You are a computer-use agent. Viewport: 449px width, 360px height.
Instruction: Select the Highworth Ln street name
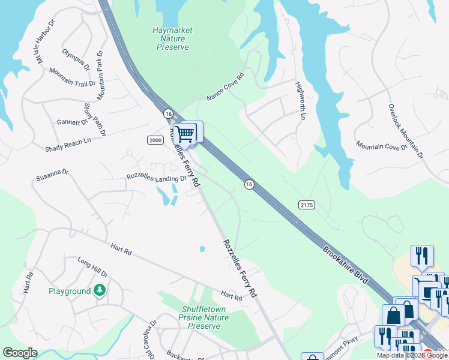click(x=301, y=100)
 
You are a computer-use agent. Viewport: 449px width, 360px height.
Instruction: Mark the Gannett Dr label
click(x=72, y=122)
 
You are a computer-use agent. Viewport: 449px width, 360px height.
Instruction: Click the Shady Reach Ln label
click(x=68, y=144)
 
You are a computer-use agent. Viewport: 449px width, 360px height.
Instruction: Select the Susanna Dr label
click(x=52, y=175)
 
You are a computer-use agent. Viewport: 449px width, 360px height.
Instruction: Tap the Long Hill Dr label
click(x=92, y=267)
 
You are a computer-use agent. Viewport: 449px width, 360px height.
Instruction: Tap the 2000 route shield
click(x=155, y=140)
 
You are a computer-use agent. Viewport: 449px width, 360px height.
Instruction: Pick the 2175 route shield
click(x=306, y=205)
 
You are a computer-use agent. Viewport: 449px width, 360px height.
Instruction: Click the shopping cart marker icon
click(x=186, y=133)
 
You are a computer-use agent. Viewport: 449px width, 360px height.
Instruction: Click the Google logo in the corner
click(x=20, y=353)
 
